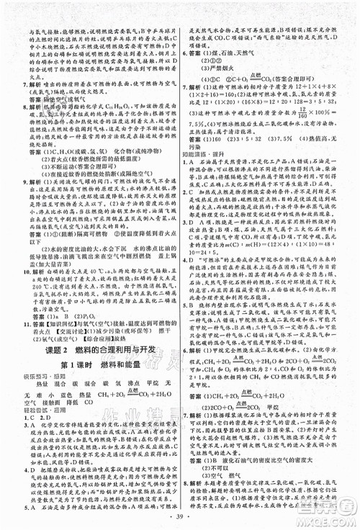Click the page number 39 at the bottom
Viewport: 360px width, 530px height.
(x=180, y=519)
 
